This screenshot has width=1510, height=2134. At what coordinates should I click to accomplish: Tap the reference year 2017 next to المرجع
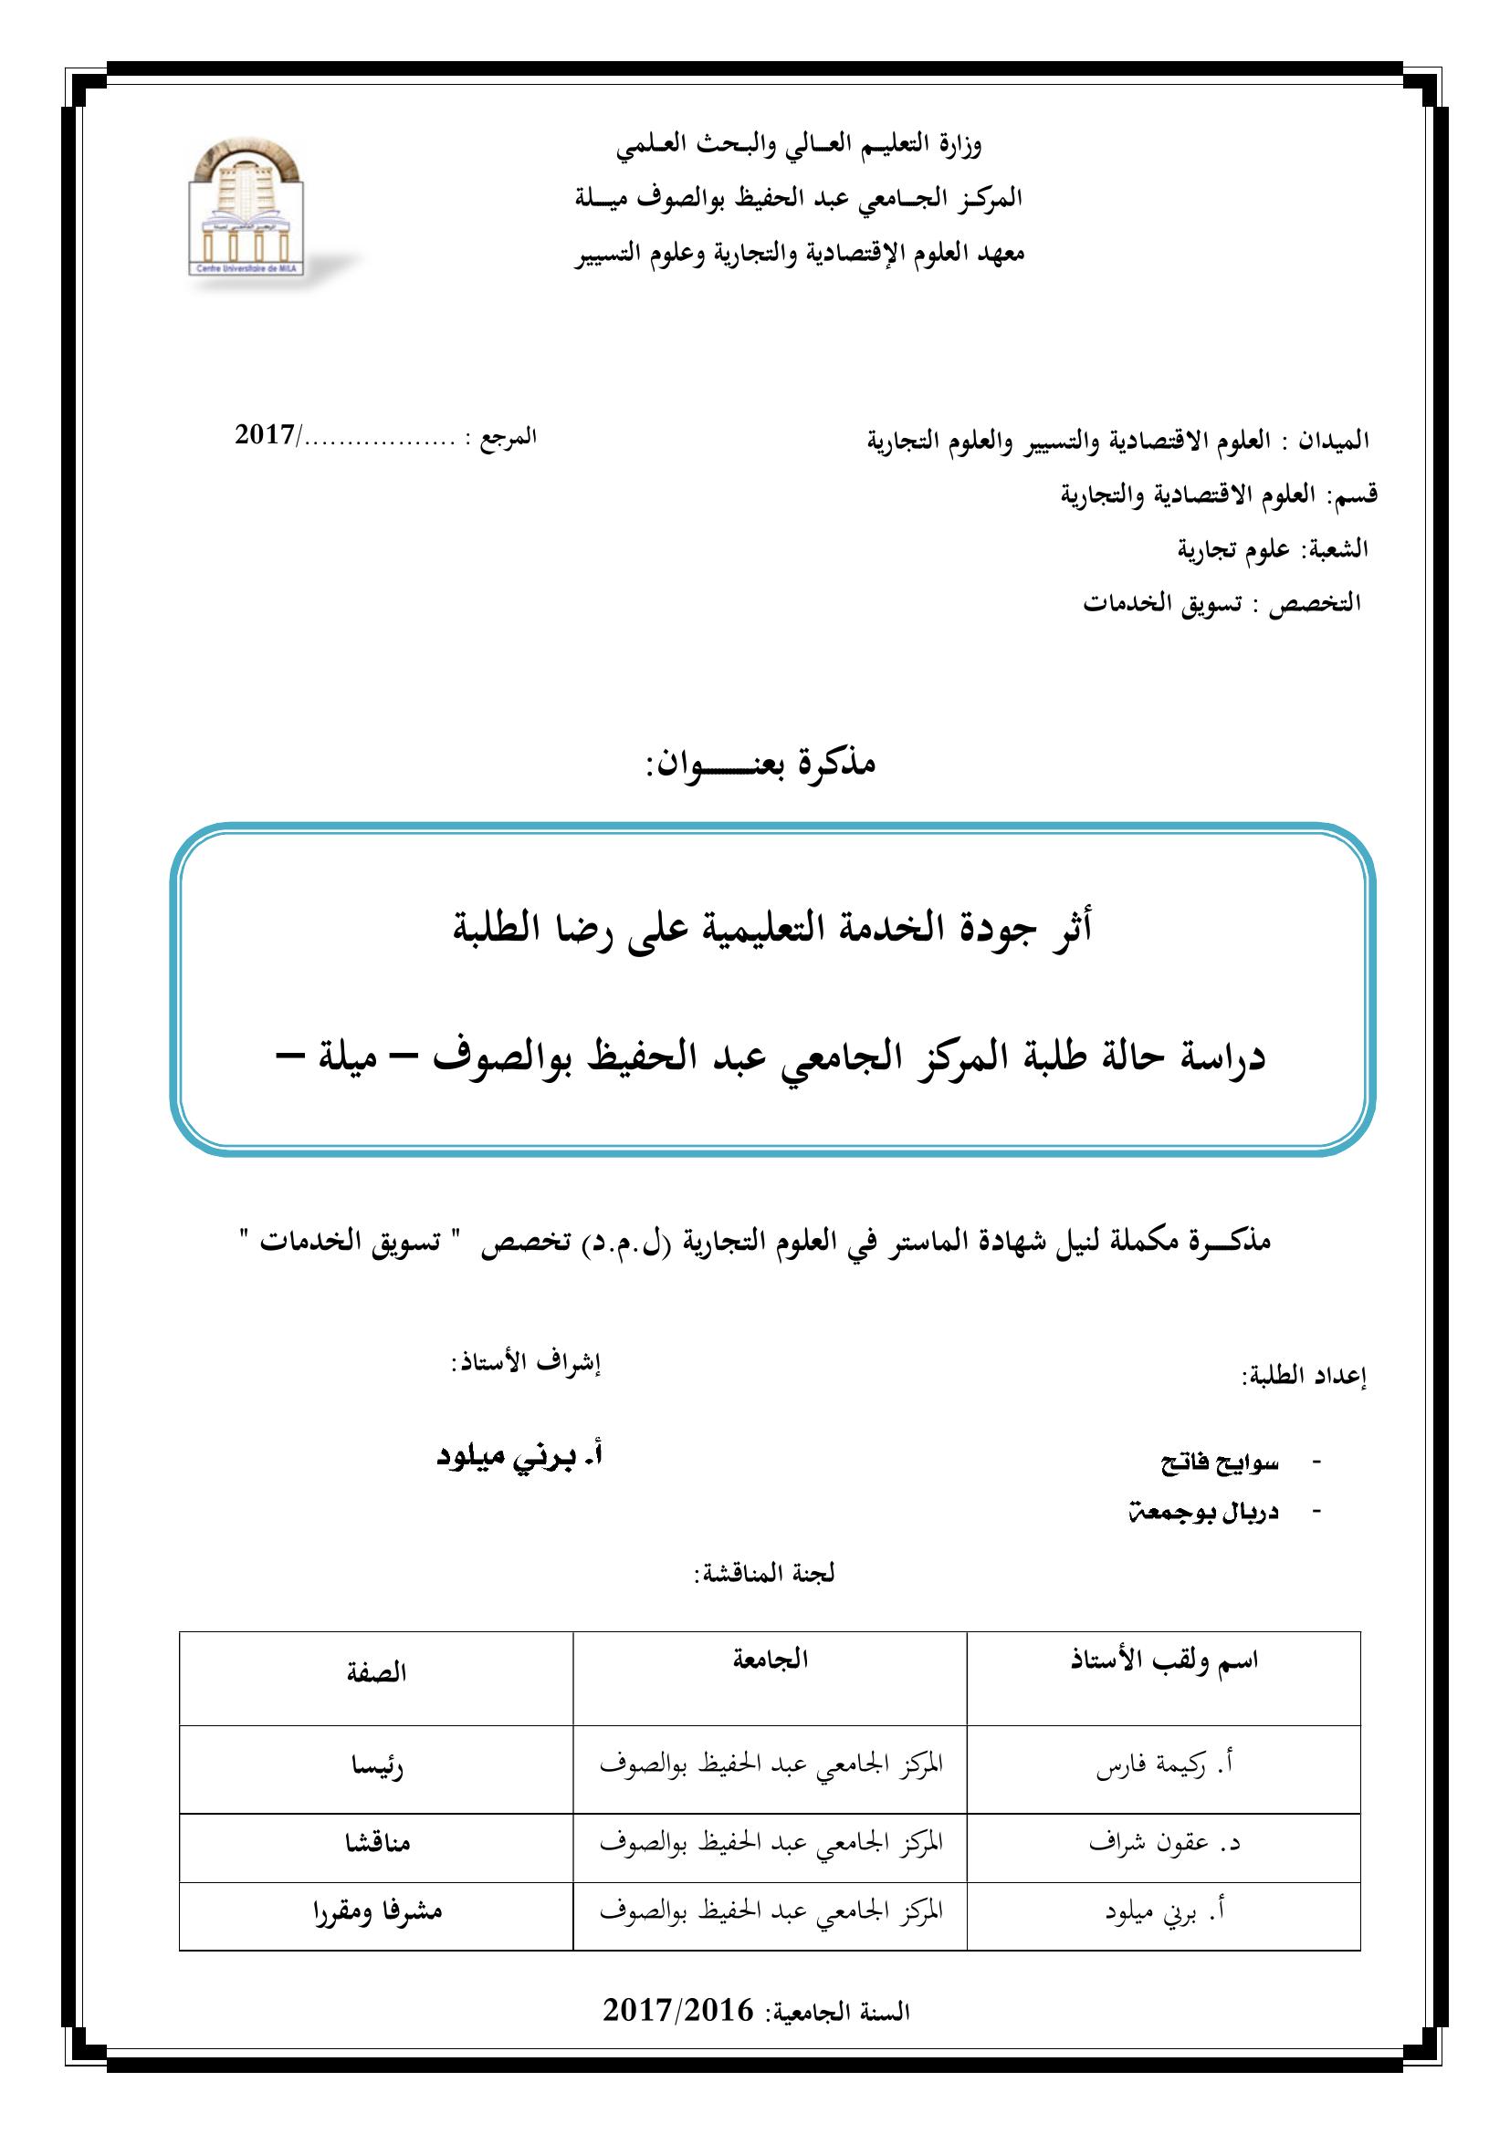(x=264, y=434)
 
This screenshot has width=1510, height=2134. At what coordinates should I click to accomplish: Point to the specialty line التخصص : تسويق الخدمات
(x=1222, y=603)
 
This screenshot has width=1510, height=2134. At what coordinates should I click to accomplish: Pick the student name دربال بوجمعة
(x=1202, y=1512)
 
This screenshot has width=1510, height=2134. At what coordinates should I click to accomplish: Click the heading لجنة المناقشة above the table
(x=764, y=1574)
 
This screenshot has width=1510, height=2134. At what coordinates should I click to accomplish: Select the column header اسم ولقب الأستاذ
(x=1165, y=1661)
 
